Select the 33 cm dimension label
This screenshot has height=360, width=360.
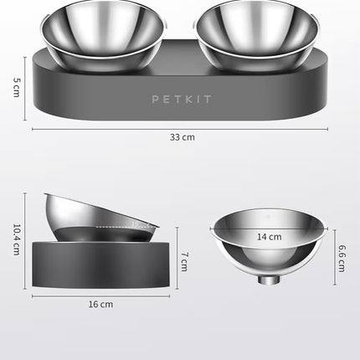181,136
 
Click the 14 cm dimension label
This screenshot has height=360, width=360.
269,237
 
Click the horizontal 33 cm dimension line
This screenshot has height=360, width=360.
181,128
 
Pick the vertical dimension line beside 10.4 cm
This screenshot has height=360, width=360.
26,241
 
